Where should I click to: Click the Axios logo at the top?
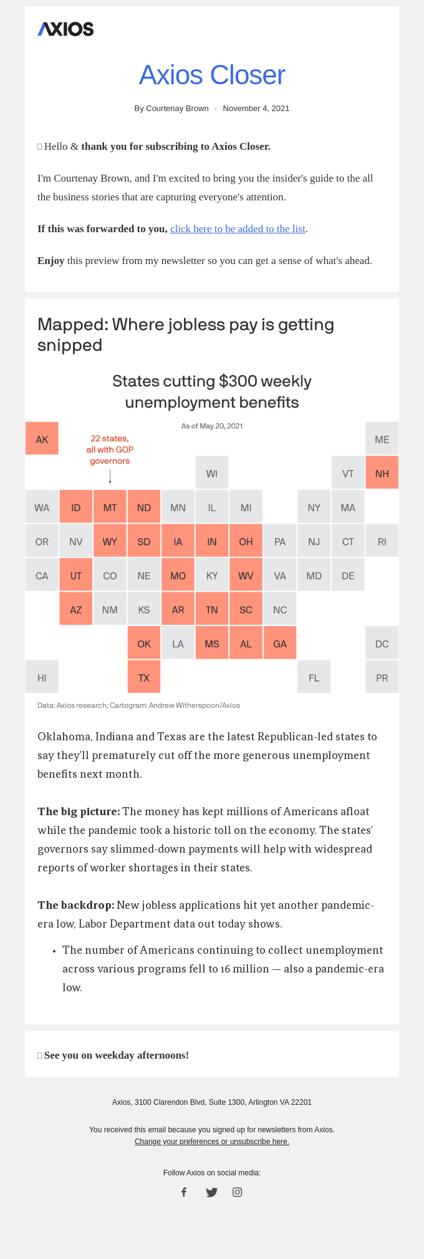(65, 29)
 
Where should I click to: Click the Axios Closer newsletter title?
(212, 75)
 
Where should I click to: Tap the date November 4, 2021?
(256, 109)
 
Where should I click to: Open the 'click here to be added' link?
(238, 228)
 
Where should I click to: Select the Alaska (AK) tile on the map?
(42, 439)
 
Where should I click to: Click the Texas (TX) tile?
(144, 677)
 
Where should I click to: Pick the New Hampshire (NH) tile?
(382, 473)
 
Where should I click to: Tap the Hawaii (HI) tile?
(42, 677)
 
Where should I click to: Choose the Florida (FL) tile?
(314, 677)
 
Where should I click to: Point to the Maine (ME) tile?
(382, 439)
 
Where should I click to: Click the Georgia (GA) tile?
(280, 644)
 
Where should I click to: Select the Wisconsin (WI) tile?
(212, 473)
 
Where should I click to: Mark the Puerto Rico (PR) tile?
(382, 677)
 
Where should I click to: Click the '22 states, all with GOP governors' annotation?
(110, 449)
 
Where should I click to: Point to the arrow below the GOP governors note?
(110, 477)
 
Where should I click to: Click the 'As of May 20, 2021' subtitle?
(212, 426)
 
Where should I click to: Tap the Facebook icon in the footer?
(184, 1192)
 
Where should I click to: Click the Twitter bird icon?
(212, 1192)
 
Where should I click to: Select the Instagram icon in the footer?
(238, 1192)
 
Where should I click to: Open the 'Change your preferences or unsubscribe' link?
(212, 1142)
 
